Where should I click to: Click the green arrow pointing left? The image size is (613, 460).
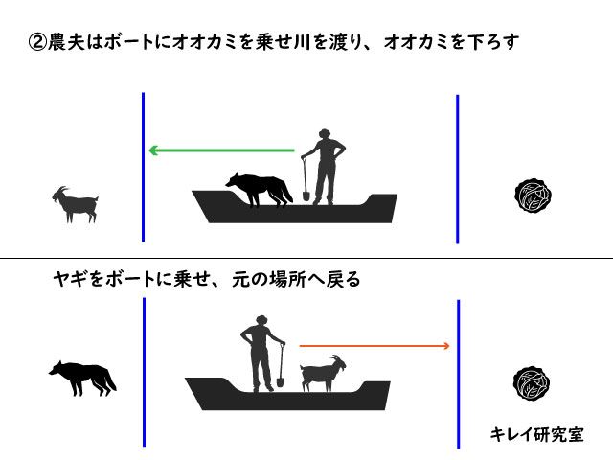point(221,150)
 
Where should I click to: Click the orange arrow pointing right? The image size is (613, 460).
point(375,346)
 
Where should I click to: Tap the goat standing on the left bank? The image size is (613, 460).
point(76,204)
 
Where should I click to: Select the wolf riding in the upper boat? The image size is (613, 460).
point(259,189)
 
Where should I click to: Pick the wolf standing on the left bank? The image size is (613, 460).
point(83,379)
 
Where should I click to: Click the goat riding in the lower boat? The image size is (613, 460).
point(323,373)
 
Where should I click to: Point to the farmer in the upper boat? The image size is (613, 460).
point(324,167)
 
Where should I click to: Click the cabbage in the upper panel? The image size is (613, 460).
point(533,195)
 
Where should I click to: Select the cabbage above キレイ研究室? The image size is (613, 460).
point(532,383)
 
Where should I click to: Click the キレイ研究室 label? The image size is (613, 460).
point(536,434)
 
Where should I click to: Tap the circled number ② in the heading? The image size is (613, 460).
point(37,42)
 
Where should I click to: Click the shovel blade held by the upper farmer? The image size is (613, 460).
point(306,195)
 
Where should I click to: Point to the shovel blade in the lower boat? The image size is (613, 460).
point(280,381)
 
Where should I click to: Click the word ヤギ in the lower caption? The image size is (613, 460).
point(70,279)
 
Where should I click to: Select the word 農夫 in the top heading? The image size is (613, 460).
point(66,42)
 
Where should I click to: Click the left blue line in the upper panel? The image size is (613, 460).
point(144,167)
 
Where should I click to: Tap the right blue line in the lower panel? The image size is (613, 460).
point(458,374)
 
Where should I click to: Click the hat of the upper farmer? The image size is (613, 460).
point(325,132)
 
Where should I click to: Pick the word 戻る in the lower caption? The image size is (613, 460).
point(343,279)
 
